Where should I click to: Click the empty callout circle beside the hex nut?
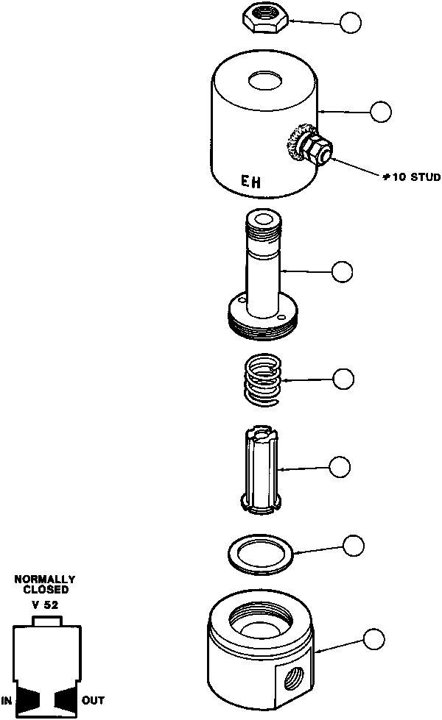click(351, 24)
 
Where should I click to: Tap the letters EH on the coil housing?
click(251, 180)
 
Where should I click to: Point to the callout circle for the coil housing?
click(380, 112)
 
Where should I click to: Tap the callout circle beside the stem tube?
click(342, 271)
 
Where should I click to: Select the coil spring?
click(264, 379)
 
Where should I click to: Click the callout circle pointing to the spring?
click(343, 379)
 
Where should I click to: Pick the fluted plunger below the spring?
click(264, 471)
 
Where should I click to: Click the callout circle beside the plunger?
click(340, 466)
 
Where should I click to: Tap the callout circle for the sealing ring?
click(354, 545)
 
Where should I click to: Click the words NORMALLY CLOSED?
click(45, 585)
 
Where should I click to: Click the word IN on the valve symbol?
click(7, 700)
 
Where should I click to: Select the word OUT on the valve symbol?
click(93, 700)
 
